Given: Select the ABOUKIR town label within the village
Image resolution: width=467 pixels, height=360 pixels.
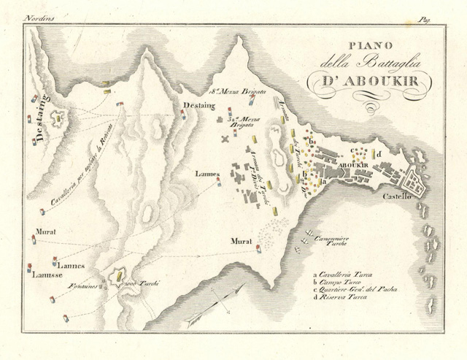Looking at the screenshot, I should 352,166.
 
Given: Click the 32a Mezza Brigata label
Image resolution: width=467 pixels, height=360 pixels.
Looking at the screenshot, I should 244,121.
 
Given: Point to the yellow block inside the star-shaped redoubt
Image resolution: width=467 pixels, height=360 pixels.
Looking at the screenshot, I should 117,277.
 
